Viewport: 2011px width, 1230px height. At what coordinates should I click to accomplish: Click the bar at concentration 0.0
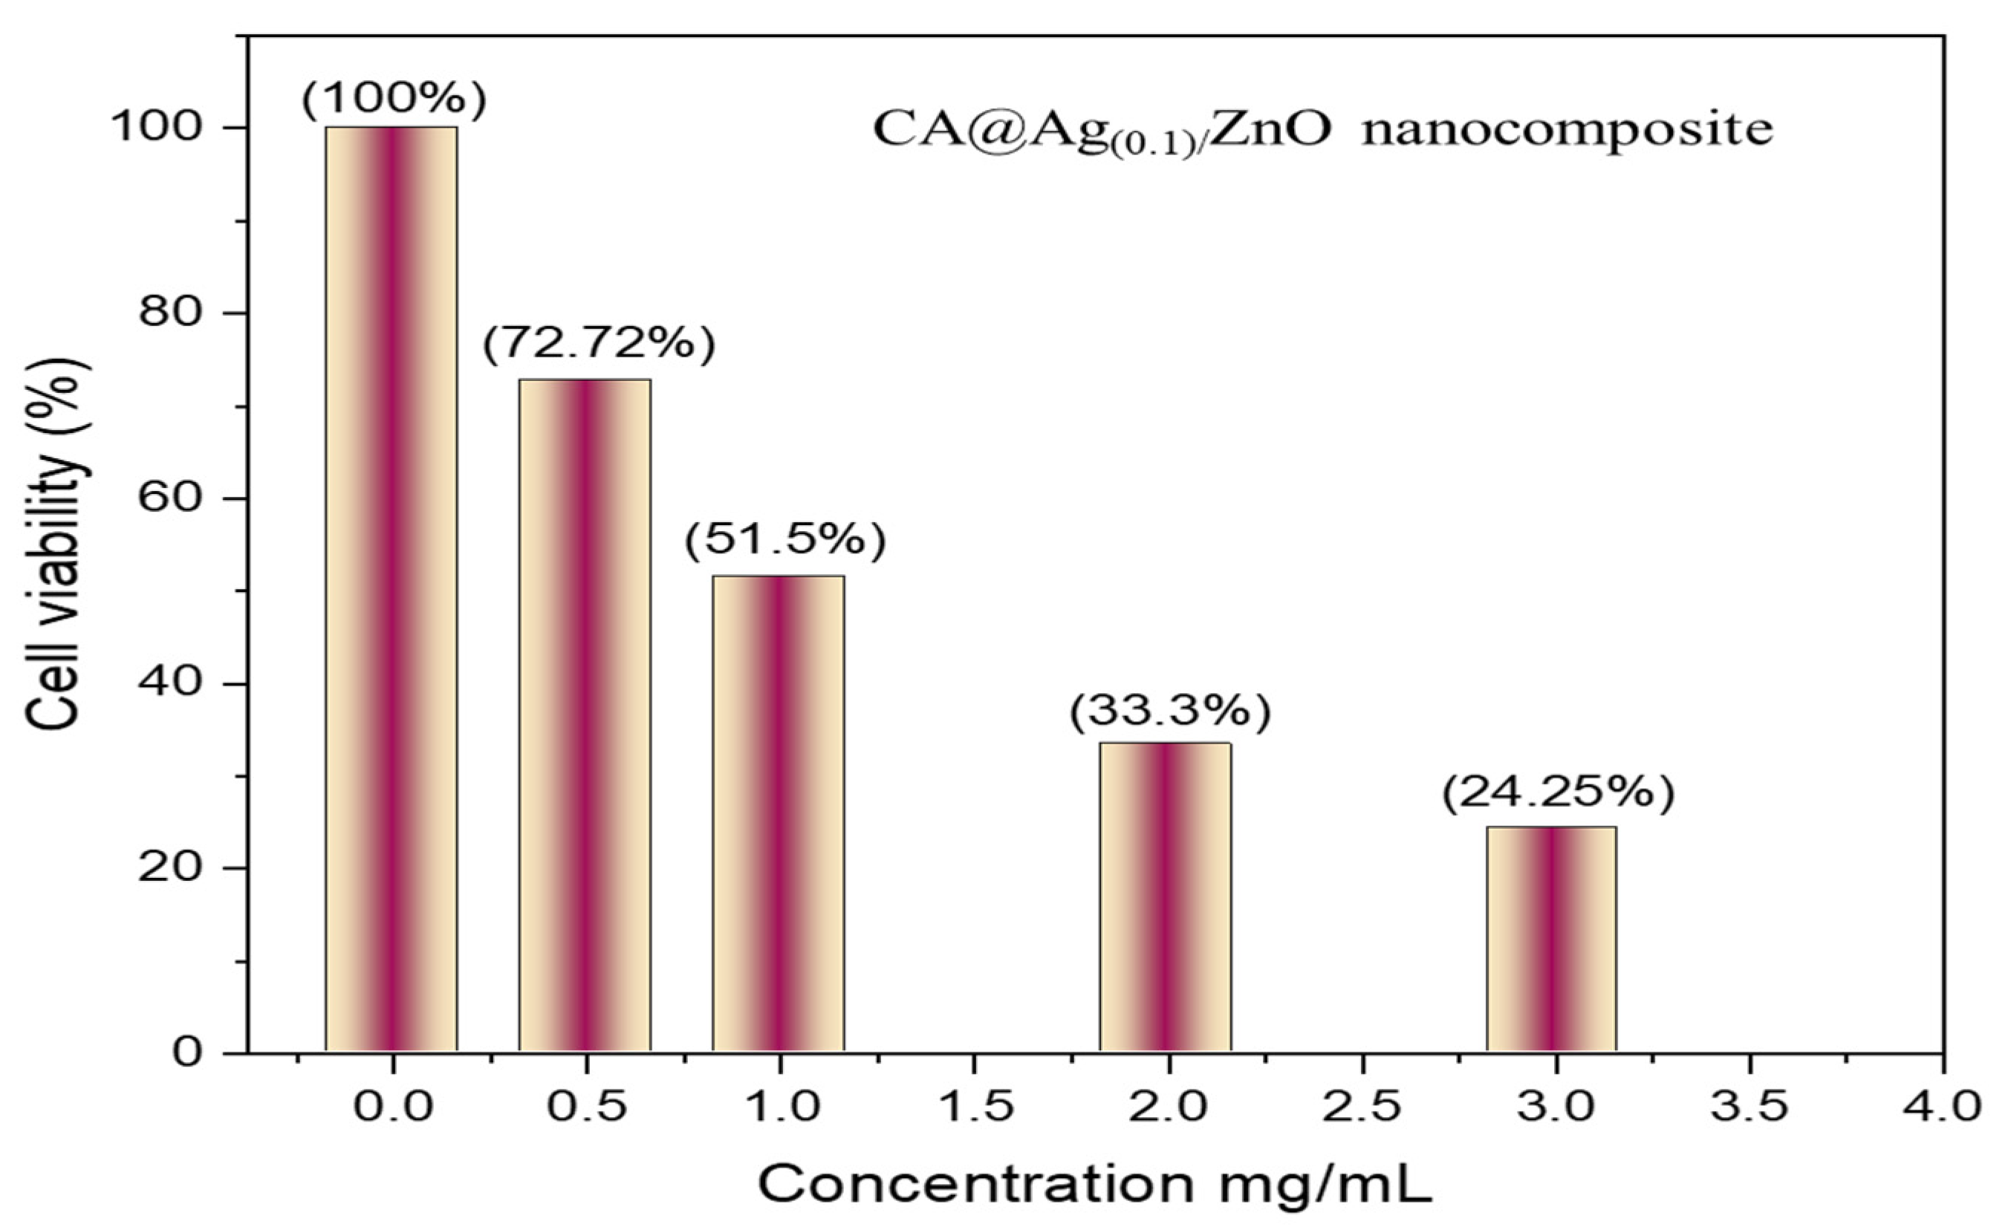pos(392,588)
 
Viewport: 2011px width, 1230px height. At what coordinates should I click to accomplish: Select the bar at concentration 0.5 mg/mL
pos(585,715)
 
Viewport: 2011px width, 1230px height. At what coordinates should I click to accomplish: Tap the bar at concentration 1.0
pos(779,812)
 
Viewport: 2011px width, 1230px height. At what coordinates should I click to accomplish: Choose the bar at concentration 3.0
pos(1551,939)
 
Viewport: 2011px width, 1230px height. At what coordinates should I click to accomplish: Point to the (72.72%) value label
pos(599,345)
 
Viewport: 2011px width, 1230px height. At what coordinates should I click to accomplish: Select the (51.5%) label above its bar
pos(785,540)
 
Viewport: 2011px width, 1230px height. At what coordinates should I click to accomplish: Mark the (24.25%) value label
pos(1558,793)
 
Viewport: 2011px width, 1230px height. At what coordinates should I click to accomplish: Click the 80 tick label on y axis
pos(169,313)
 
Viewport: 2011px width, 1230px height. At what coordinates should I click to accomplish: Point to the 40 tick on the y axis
pos(169,683)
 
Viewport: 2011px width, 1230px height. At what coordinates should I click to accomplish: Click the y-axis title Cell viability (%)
pos(56,543)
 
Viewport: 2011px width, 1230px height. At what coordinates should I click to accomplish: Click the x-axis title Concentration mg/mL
pos(1095,1183)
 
